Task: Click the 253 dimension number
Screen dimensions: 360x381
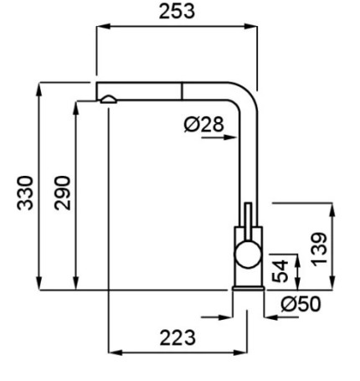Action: click(x=177, y=12)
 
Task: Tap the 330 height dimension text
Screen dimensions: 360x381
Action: click(x=25, y=193)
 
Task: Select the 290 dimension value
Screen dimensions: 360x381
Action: click(x=62, y=193)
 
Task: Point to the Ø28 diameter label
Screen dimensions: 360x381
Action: click(x=204, y=124)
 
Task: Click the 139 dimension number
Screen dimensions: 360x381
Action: click(x=319, y=250)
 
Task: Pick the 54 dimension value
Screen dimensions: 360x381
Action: click(x=280, y=271)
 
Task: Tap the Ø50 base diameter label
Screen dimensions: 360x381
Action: click(x=301, y=304)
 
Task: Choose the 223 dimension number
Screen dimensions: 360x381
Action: click(x=177, y=337)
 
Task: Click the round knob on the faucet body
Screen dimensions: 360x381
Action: click(x=248, y=255)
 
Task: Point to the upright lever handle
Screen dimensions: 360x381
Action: click(x=248, y=221)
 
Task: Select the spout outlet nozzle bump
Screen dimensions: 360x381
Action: click(x=109, y=100)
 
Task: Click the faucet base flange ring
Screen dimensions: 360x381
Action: click(x=248, y=288)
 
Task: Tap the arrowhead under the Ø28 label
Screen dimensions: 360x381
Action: click(x=230, y=137)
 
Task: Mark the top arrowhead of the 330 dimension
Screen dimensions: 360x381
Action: click(x=39, y=90)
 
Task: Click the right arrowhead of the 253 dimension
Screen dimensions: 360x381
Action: click(x=250, y=27)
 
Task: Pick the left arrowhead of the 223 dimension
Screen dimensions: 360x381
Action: click(x=115, y=353)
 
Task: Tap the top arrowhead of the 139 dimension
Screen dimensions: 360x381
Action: click(x=332, y=210)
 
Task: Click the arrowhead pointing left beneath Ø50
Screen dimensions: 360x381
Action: click(x=270, y=317)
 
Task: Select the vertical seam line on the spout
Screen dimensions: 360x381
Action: click(x=182, y=91)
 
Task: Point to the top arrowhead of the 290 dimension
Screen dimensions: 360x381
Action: click(x=75, y=108)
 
